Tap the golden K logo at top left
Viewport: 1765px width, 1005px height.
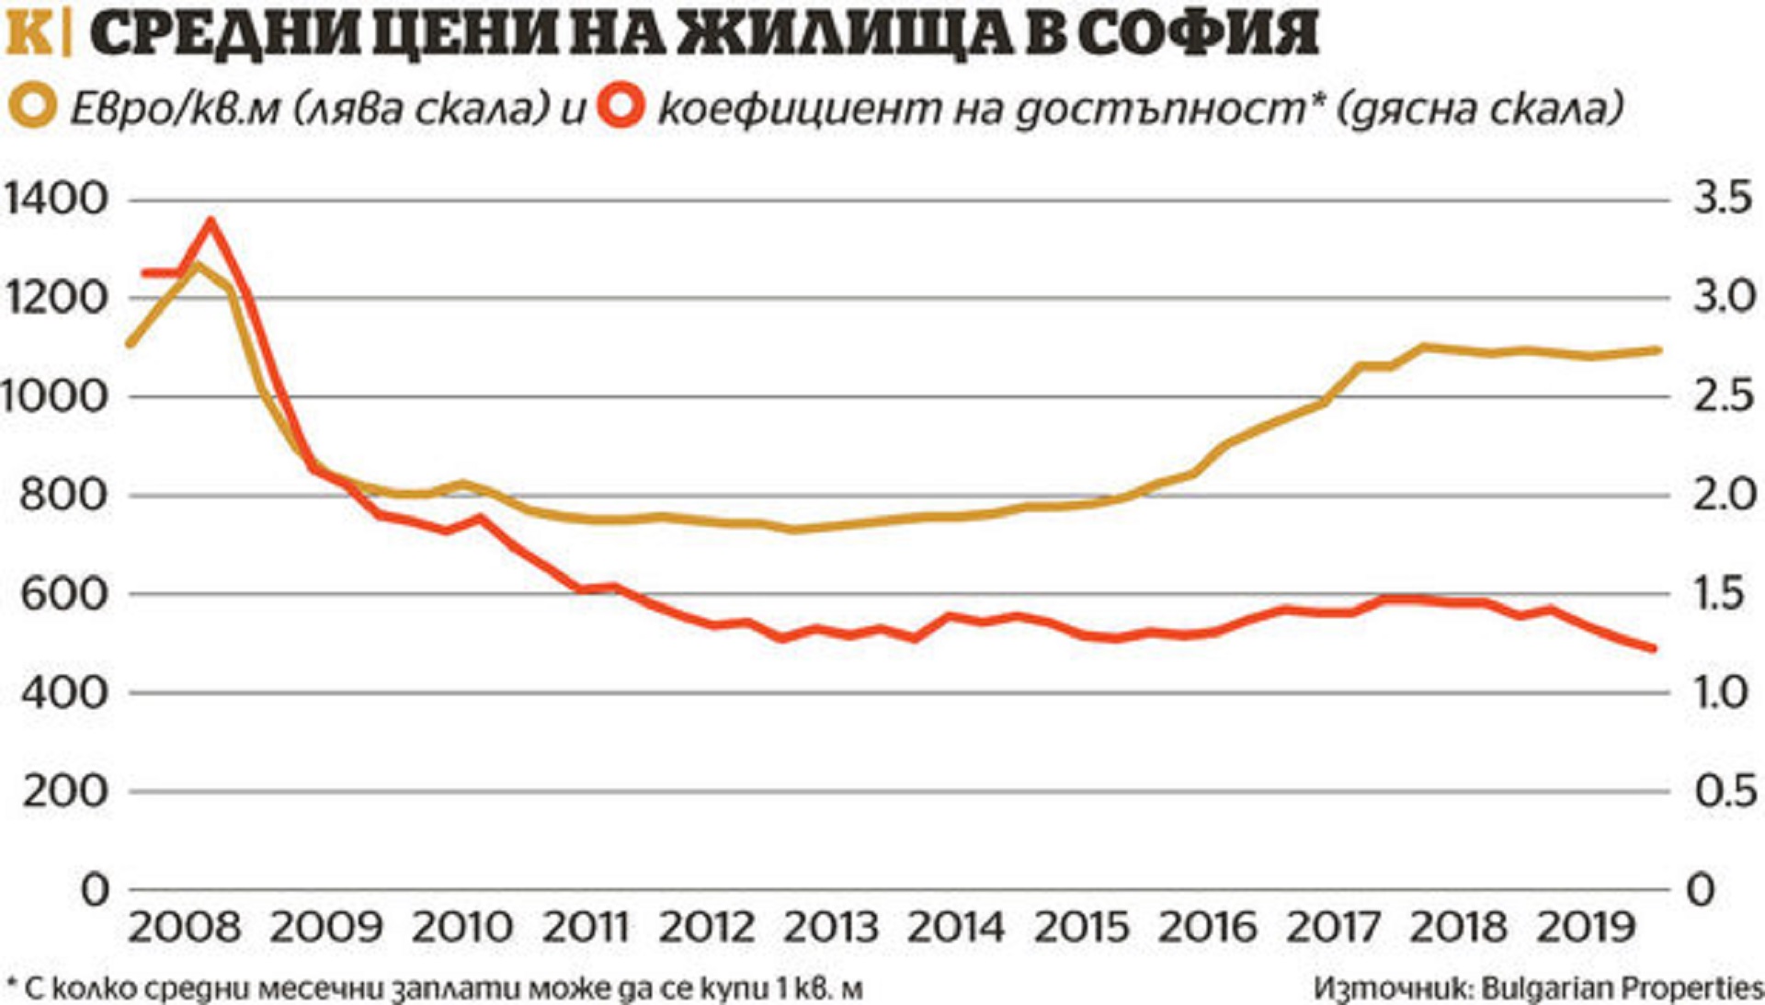coord(29,35)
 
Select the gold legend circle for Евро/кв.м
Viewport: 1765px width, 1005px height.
coord(33,108)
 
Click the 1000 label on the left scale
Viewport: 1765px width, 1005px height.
coord(54,396)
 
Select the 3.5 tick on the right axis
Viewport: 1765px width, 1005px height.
coord(1725,200)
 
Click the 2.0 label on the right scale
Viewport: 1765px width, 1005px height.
coord(1725,495)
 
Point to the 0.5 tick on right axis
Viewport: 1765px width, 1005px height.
coord(1725,791)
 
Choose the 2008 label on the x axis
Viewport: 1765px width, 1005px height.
coord(184,927)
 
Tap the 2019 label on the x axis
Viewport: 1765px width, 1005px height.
coord(1587,927)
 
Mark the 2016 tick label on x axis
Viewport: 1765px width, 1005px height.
coord(1207,927)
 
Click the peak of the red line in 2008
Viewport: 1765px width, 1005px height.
coord(211,221)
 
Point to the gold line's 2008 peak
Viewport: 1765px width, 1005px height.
coord(197,266)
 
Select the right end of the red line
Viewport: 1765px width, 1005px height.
coord(1654,649)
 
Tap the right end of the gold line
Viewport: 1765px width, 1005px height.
coord(1657,349)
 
